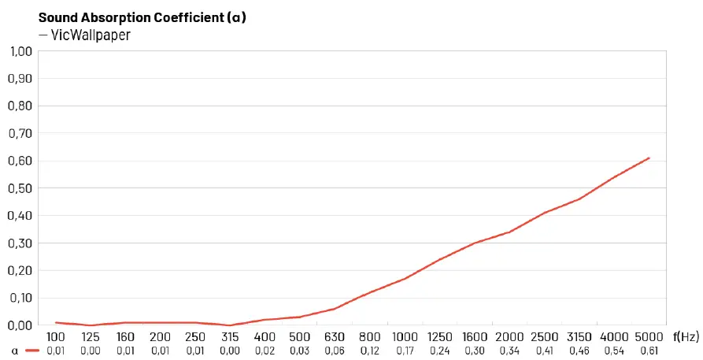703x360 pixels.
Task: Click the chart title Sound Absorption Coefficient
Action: click(142, 17)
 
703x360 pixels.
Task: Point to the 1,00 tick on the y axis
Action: click(20, 51)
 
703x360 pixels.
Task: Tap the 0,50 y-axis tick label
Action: click(20, 188)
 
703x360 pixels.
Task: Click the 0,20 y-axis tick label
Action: click(20, 270)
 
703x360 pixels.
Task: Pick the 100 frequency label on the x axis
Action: click(55, 337)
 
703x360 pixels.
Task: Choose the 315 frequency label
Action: click(230, 337)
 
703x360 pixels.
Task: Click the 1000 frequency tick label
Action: click(405, 337)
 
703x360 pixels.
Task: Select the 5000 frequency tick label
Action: click(649, 337)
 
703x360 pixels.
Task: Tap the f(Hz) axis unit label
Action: click(686, 337)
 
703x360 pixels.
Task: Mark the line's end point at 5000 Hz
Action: click(649, 158)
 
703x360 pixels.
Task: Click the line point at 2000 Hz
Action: click(509, 232)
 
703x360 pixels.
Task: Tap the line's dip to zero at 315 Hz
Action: click(230, 325)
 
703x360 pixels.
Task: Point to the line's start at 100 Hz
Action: click(55, 322)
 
